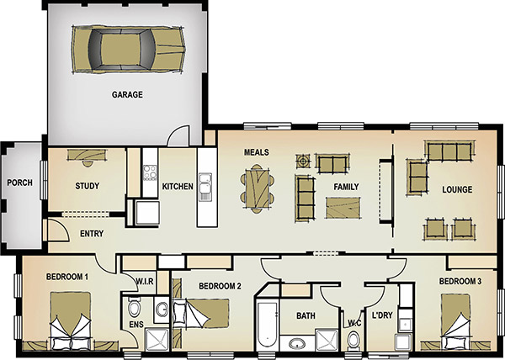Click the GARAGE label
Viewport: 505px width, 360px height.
pos(127,94)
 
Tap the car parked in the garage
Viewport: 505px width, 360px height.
pos(128,50)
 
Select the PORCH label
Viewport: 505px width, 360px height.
pos(20,183)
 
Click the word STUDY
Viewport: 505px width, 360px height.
pos(87,186)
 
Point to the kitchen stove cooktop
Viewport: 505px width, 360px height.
pos(150,172)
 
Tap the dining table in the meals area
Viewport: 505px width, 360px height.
pos(257,189)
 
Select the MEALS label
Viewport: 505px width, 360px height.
pos(257,152)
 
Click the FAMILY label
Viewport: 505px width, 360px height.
pos(346,187)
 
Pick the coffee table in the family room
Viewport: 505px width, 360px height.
pos(343,208)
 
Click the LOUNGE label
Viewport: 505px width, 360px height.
pos(457,189)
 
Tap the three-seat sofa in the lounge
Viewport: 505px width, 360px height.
pos(449,151)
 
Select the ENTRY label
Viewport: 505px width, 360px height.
pos(92,234)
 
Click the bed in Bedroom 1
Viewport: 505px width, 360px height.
pos(71,321)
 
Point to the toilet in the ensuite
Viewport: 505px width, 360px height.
pos(134,307)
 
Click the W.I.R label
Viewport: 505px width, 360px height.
pos(145,282)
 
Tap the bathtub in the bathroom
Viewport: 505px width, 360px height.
pos(267,325)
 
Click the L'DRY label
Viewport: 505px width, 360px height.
pos(382,315)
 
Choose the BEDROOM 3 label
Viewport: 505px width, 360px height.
pos(460,282)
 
